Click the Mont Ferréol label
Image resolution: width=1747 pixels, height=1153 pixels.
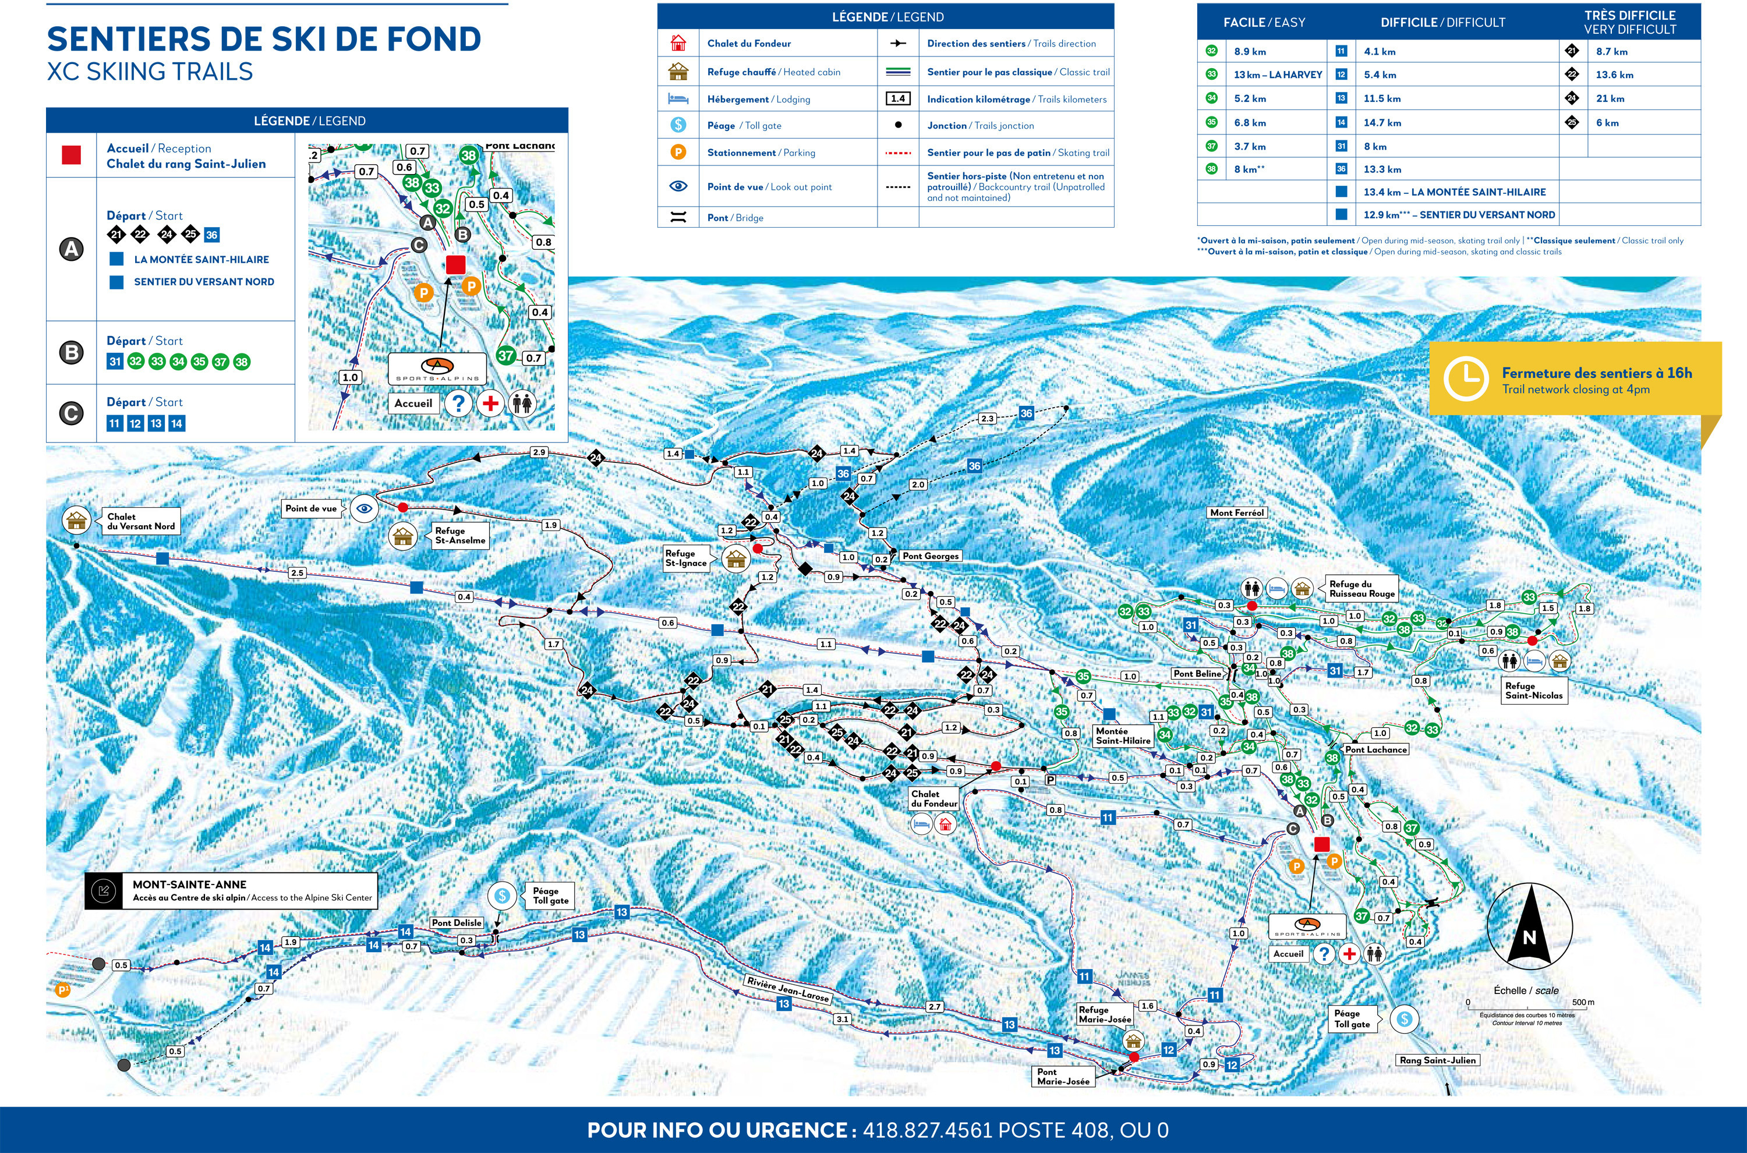(1237, 512)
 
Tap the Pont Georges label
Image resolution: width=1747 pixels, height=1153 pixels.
(930, 556)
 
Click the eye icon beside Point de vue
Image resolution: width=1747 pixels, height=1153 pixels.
(365, 508)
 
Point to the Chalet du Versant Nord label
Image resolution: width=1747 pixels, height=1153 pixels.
(140, 521)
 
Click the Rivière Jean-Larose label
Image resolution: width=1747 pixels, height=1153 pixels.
(787, 989)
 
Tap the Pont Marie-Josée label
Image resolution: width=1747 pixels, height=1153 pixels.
(1063, 1077)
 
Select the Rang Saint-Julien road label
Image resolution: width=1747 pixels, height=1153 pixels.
(1437, 1060)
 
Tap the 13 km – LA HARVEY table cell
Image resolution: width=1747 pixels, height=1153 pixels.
(1277, 75)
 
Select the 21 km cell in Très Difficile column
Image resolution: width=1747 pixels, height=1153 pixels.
(1610, 98)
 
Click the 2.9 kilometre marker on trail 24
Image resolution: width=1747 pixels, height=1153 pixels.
(539, 452)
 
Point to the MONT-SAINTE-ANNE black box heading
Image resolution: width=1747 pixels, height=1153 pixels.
(190, 885)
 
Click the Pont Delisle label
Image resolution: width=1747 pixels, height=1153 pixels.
(457, 922)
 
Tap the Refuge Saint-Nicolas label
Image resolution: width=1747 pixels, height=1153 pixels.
(1534, 691)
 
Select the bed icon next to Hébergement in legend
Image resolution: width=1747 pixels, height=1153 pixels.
(678, 98)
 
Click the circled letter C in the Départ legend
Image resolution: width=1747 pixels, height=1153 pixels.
(71, 413)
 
